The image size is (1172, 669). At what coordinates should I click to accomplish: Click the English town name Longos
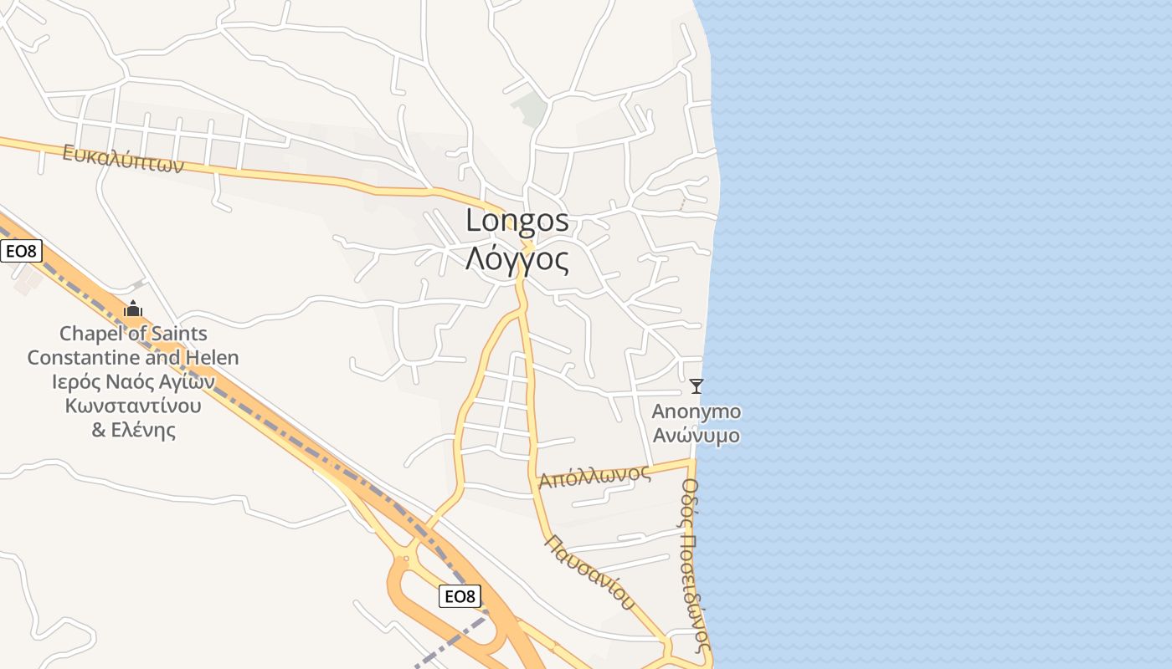click(x=517, y=221)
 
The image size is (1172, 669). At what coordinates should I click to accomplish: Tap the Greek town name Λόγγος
click(x=517, y=259)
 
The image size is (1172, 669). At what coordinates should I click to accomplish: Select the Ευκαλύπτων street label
click(x=123, y=158)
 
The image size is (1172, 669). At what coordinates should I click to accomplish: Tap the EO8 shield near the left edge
click(x=21, y=251)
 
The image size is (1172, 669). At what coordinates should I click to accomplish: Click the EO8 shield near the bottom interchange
click(x=460, y=596)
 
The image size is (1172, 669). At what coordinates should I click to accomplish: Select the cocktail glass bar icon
click(x=696, y=386)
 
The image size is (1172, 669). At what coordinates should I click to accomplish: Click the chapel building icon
click(x=133, y=309)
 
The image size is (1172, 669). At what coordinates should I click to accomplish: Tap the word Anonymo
click(x=696, y=411)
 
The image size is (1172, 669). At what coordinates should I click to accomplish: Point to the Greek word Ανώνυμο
click(x=696, y=436)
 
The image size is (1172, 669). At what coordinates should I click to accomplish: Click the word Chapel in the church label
click(x=91, y=334)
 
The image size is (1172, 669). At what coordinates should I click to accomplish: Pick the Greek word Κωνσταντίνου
click(x=133, y=406)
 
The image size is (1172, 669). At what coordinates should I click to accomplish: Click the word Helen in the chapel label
click(x=213, y=358)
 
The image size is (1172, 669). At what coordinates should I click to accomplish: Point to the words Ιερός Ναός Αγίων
click(x=133, y=382)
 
